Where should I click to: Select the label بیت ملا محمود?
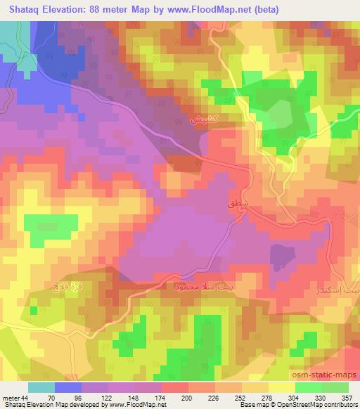coord(191,287)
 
